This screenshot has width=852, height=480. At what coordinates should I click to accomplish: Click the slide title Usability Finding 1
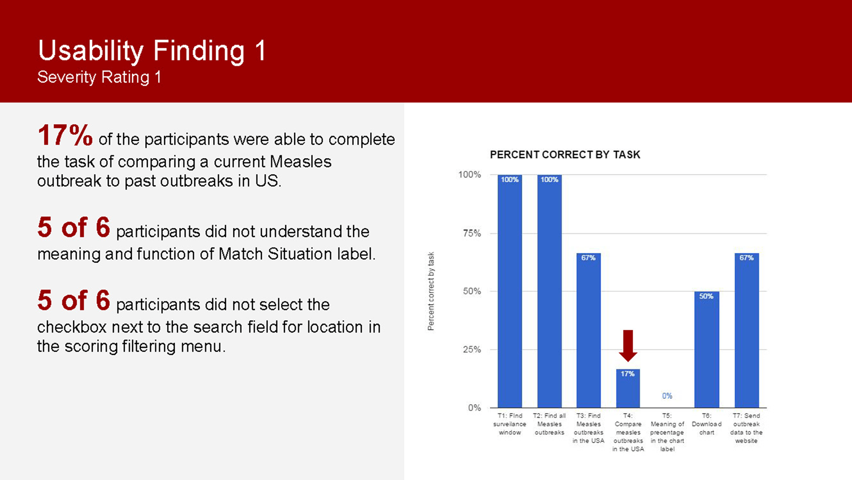pyautogui.click(x=152, y=51)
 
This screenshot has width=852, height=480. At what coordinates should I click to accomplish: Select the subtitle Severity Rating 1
pyautogui.click(x=99, y=77)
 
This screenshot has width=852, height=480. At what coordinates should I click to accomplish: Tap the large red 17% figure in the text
pyautogui.click(x=65, y=135)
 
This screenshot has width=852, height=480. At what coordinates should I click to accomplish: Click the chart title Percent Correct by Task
pyautogui.click(x=565, y=155)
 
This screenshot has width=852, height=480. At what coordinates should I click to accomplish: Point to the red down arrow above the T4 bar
pyautogui.click(x=628, y=345)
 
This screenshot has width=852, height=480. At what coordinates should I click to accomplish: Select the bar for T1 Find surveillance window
pyautogui.click(x=510, y=291)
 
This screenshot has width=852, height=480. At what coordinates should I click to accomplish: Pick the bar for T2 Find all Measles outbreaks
pyautogui.click(x=549, y=291)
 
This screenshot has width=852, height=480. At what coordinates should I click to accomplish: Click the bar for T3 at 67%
pyautogui.click(x=588, y=330)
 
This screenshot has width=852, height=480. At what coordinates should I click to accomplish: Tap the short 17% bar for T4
pyautogui.click(x=628, y=389)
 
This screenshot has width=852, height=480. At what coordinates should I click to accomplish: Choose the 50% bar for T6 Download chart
pyautogui.click(x=707, y=349)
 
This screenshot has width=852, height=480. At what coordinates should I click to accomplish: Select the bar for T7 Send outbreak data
pyautogui.click(x=747, y=330)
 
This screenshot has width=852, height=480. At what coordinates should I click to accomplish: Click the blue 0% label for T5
pyautogui.click(x=667, y=396)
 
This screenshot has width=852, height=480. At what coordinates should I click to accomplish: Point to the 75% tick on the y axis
pyautogui.click(x=472, y=233)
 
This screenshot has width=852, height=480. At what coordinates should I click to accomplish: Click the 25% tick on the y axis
pyautogui.click(x=472, y=349)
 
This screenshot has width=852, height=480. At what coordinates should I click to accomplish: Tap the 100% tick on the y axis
pyautogui.click(x=469, y=175)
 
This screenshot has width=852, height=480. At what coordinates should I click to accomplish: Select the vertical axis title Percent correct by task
pyautogui.click(x=431, y=291)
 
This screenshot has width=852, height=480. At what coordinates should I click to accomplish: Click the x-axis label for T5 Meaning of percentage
pyautogui.click(x=667, y=432)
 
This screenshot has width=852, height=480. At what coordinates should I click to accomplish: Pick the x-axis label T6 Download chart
pyautogui.click(x=707, y=424)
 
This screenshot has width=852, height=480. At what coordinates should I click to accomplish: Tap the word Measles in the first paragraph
pyautogui.click(x=301, y=162)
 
